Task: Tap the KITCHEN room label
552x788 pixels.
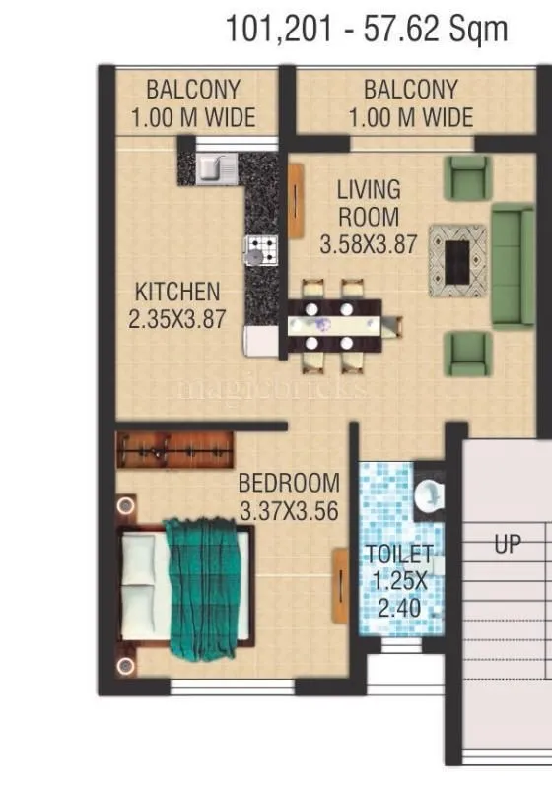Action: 177,293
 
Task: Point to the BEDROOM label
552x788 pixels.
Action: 289,484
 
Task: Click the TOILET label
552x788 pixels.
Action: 399,554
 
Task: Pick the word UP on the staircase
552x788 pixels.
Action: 508,544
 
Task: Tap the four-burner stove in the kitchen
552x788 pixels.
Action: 261,249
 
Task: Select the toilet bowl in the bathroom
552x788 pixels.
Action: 429,497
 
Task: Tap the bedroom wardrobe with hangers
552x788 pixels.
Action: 175,450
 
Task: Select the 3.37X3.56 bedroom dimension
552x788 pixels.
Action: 289,511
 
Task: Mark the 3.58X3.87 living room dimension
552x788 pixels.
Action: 369,244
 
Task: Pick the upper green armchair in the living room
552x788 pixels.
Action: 466,177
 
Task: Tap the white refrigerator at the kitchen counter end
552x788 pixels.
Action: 262,341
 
